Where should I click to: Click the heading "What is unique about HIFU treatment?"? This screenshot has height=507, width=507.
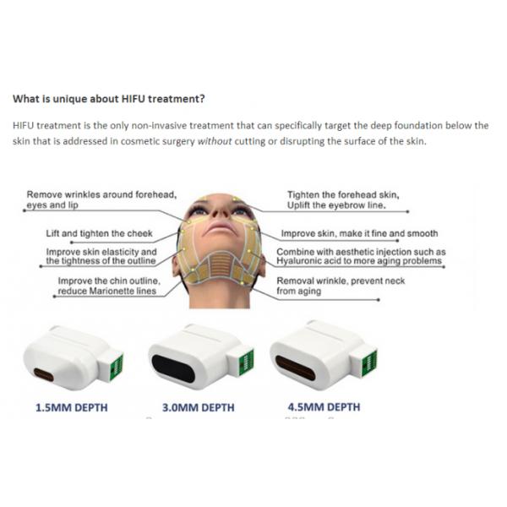(x=109, y=99)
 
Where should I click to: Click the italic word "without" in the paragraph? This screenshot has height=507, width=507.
(x=215, y=141)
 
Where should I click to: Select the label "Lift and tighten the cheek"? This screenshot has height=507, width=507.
(x=98, y=233)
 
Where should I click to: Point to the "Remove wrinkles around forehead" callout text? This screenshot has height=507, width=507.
(x=101, y=194)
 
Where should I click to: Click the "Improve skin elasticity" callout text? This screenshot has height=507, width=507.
(x=101, y=252)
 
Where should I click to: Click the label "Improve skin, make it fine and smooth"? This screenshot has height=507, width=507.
(x=360, y=233)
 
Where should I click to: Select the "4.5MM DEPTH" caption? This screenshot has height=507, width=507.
(x=324, y=407)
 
